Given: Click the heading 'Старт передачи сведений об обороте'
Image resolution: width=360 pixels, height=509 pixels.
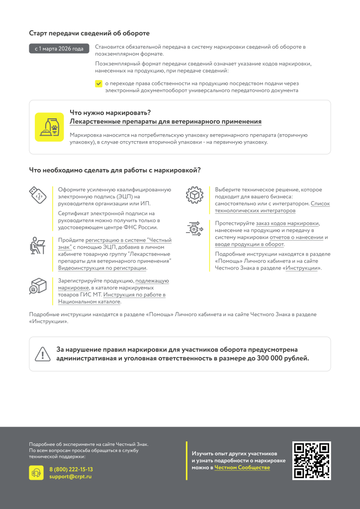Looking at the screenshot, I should click(x=90, y=33).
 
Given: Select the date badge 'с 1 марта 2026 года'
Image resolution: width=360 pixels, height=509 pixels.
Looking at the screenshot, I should click(x=59, y=49).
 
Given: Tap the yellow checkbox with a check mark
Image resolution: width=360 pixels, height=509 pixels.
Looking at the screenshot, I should click(x=98, y=84).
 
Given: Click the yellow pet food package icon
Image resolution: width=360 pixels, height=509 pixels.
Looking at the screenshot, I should click(x=49, y=127).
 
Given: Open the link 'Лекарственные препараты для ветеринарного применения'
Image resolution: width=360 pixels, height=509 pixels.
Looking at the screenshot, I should click(x=166, y=122).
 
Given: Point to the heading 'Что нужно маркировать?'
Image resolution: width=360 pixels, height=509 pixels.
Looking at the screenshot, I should click(x=110, y=112).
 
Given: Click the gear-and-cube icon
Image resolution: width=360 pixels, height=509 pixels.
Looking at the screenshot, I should click(x=194, y=195).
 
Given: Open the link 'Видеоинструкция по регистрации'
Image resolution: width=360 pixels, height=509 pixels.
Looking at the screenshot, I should click(x=102, y=268).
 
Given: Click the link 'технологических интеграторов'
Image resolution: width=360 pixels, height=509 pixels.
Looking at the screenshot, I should click(x=255, y=211).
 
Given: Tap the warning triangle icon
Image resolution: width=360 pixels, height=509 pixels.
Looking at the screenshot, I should click(x=43, y=354).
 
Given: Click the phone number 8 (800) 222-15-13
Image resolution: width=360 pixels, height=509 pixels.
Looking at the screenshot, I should click(x=71, y=469).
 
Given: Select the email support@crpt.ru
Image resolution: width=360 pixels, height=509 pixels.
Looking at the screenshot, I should click(x=70, y=477).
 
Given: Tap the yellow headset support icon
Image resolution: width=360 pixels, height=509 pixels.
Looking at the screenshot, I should click(x=36, y=473).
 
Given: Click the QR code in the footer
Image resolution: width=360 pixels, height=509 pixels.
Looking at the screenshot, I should click(x=312, y=461).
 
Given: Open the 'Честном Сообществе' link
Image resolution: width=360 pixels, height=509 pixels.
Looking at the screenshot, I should click(x=242, y=468).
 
